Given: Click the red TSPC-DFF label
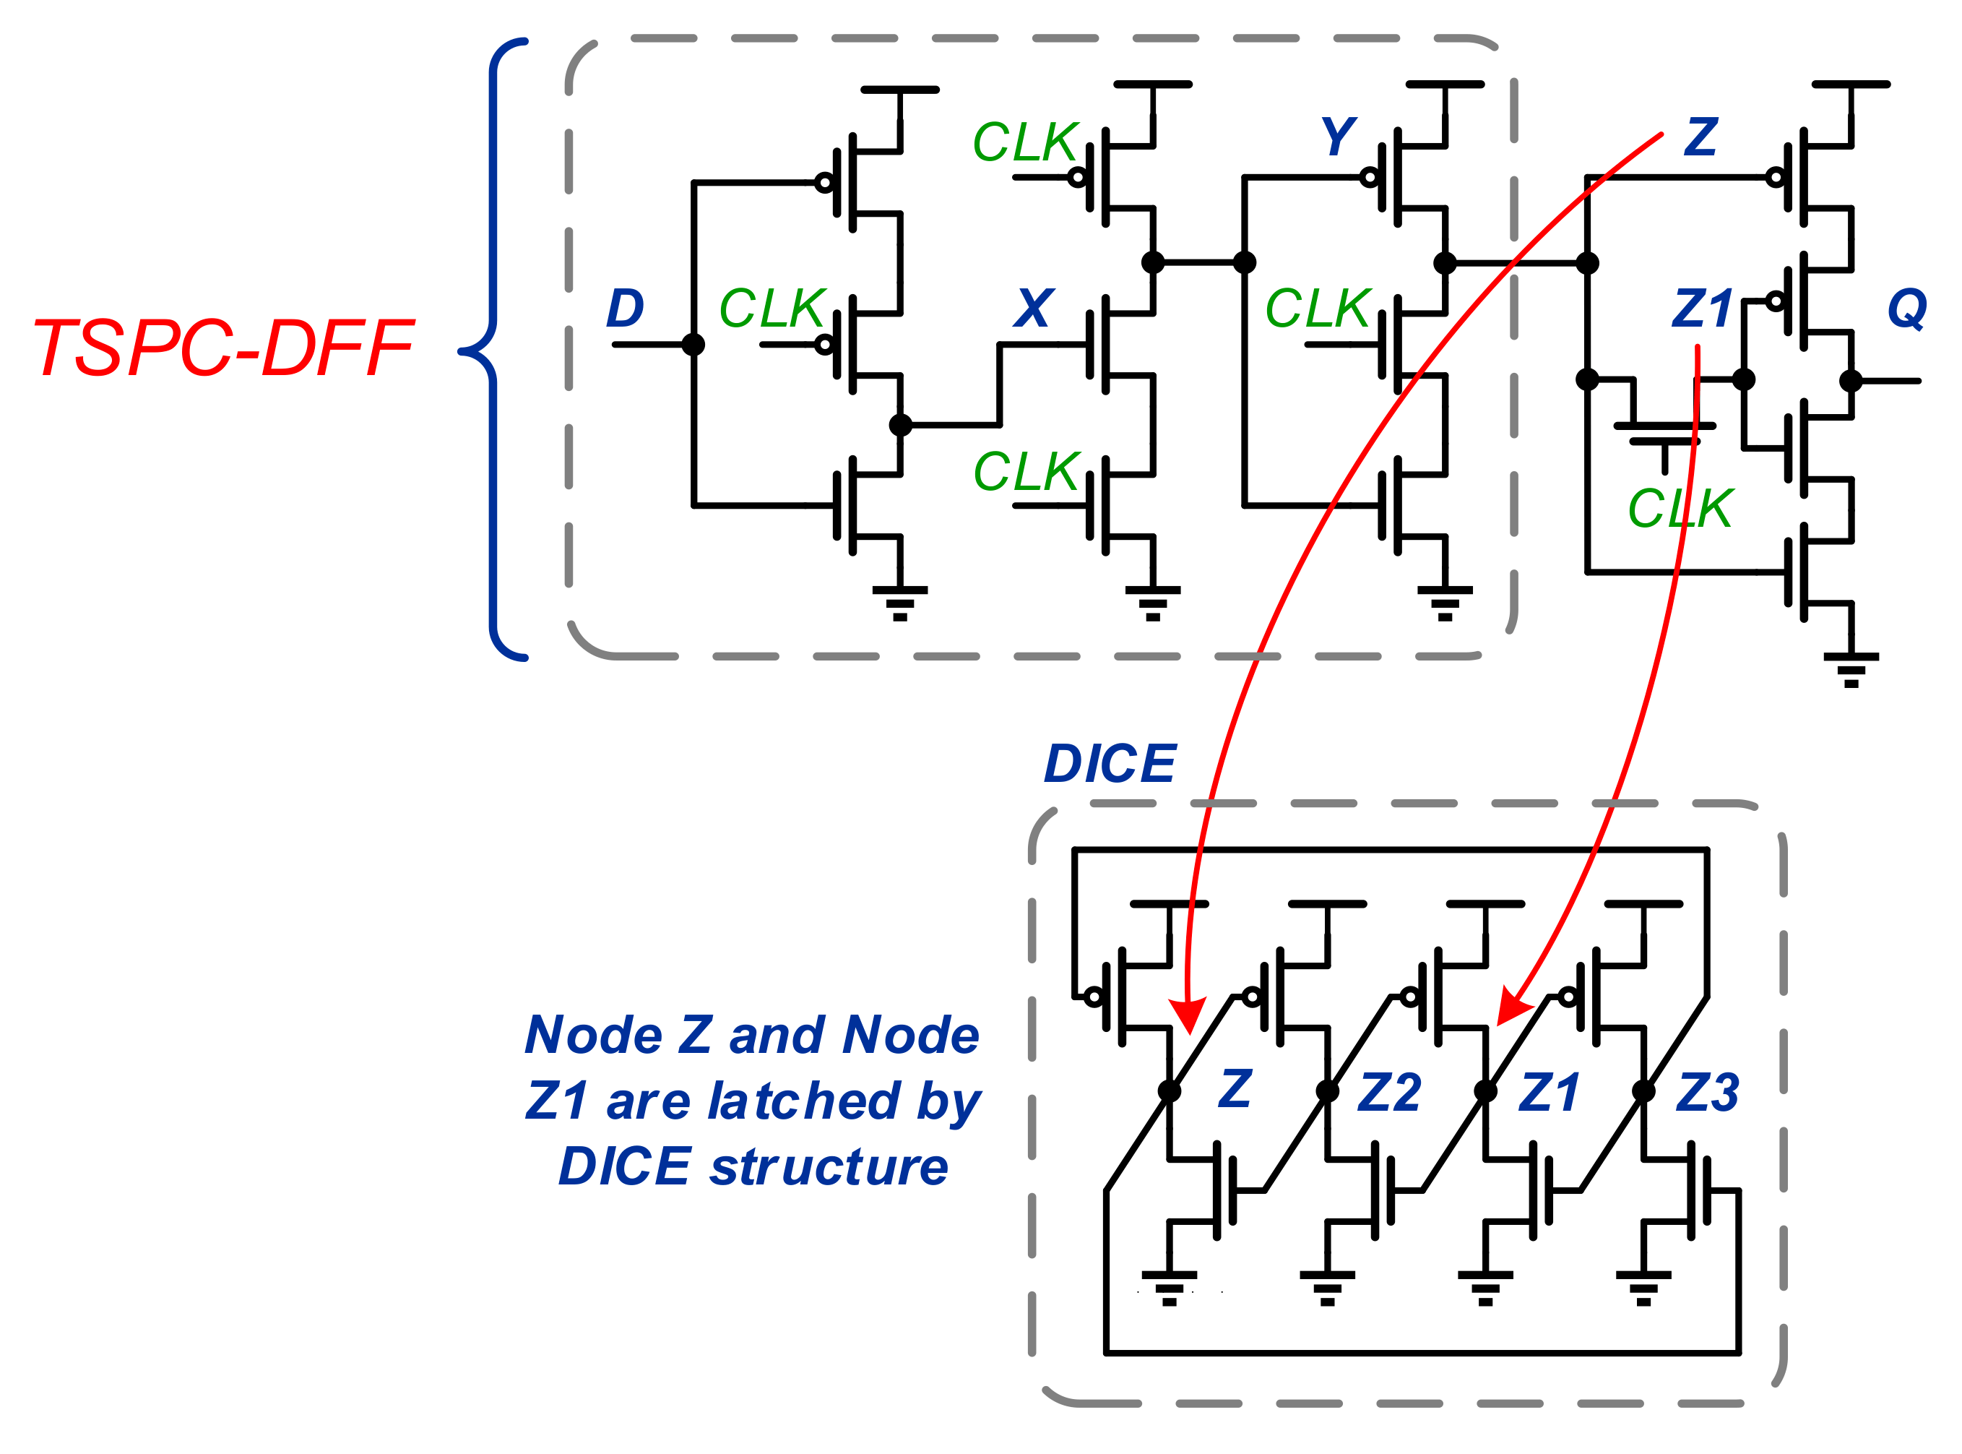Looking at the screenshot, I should (222, 348).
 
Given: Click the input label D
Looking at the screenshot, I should (626, 308).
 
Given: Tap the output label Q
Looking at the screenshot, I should (1906, 308).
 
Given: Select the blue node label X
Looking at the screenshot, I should (1033, 308).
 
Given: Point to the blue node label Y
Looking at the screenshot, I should (1338, 137).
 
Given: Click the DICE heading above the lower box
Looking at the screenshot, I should (1110, 763).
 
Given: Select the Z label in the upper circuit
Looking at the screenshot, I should (1700, 137).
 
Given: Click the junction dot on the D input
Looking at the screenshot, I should (693, 344).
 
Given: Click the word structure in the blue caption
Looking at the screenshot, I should (829, 1167).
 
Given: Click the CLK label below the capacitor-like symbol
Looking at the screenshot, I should (1680, 509).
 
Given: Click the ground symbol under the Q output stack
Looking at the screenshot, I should (1851, 669).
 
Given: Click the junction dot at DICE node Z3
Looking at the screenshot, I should (1643, 1091).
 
